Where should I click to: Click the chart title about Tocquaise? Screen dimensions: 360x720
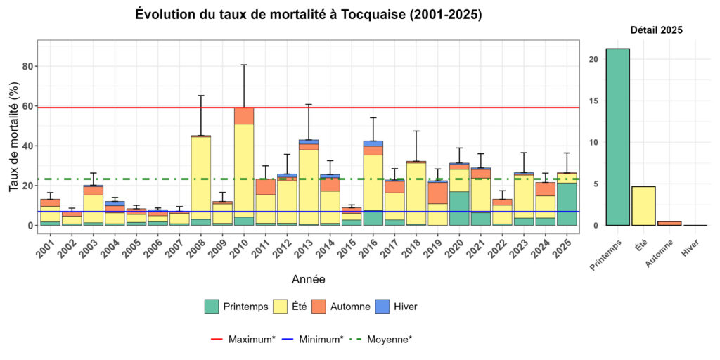coord(308,15)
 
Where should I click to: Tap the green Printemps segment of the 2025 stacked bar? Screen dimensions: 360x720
coord(567,204)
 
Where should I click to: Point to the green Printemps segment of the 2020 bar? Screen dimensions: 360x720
coord(459,208)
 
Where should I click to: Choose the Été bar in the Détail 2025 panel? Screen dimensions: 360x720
coord(643,205)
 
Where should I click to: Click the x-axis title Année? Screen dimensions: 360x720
coord(308,279)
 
